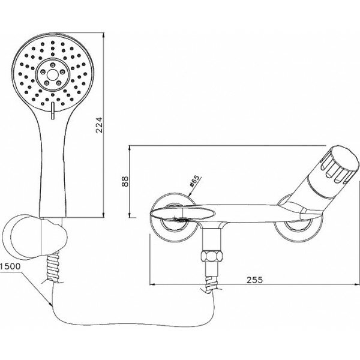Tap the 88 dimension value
pyautogui.click(x=125, y=181)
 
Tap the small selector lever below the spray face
pyautogui.click(x=53, y=110)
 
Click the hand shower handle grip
pyautogui.click(x=54, y=174)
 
